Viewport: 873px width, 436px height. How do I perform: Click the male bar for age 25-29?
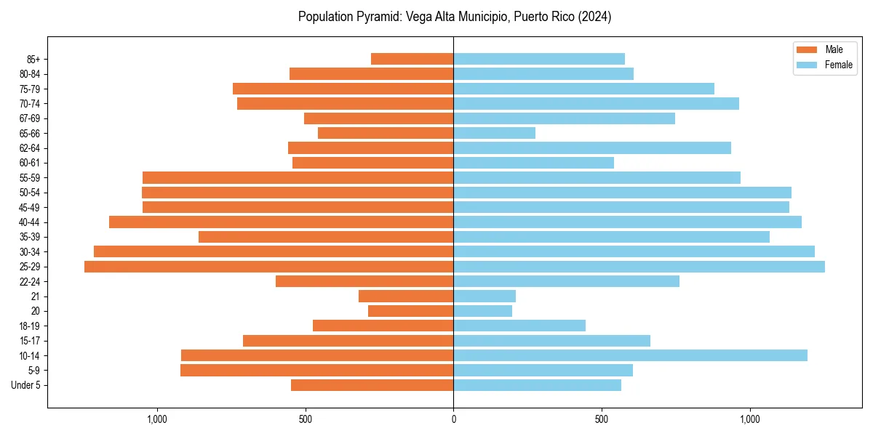[x=269, y=267]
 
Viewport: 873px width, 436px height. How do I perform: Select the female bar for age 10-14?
[x=630, y=355]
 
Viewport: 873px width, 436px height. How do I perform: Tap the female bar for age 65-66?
[x=495, y=133]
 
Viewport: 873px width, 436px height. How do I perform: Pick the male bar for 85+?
[x=412, y=59]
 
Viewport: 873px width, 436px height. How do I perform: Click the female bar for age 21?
[x=485, y=296]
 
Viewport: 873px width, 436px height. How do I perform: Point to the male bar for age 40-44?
[x=282, y=222]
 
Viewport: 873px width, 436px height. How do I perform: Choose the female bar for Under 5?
[x=538, y=385]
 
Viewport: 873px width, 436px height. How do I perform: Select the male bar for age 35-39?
[x=326, y=237]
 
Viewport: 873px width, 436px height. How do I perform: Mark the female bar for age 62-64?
[x=592, y=148]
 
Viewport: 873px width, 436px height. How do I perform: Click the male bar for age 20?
[x=411, y=311]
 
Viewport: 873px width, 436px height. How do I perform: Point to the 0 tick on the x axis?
[x=453, y=419]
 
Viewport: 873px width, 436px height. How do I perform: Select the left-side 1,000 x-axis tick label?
[x=157, y=419]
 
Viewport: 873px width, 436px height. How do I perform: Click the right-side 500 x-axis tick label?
[x=602, y=419]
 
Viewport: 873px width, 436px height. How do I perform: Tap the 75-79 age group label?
[x=30, y=89]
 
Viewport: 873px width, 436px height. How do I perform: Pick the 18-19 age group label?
[x=30, y=326]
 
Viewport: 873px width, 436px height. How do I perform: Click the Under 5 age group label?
[x=25, y=385]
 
